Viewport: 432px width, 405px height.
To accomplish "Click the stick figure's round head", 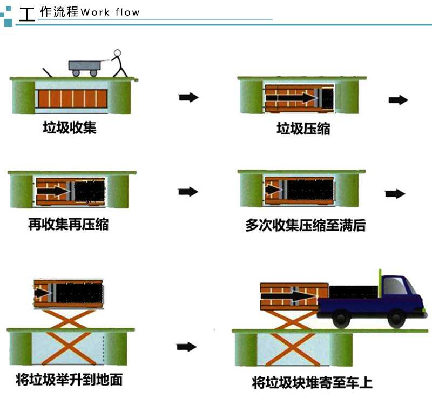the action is pyautogui.click(x=117, y=52).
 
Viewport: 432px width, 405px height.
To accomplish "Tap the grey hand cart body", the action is pyautogui.click(x=85, y=65).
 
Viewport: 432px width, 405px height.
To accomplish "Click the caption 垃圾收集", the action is pyautogui.click(x=70, y=127).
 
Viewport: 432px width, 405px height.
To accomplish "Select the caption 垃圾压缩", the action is pyautogui.click(x=303, y=129).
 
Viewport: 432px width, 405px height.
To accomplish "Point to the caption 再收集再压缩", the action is pyautogui.click(x=69, y=224).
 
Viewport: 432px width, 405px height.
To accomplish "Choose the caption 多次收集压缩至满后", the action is pyautogui.click(x=306, y=225).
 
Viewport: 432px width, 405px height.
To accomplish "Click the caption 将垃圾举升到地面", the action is pyautogui.click(x=69, y=380).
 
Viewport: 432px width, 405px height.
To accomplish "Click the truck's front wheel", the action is pyautogui.click(x=396, y=319).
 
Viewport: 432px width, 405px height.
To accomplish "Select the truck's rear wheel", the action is pyautogui.click(x=342, y=319).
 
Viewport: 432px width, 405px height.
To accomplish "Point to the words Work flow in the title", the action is pyautogui.click(x=110, y=12).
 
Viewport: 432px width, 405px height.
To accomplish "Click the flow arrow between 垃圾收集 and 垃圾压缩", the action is pyautogui.click(x=188, y=97).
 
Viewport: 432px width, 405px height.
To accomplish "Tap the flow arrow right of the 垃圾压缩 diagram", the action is pyautogui.click(x=398, y=100).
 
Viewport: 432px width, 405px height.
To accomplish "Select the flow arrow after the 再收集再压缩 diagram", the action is pyautogui.click(x=188, y=192).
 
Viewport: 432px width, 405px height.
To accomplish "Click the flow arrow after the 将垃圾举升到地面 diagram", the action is pyautogui.click(x=186, y=347).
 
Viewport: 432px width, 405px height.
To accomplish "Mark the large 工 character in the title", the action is pyautogui.click(x=26, y=15).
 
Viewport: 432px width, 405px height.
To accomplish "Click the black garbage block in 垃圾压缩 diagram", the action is pyautogui.click(x=328, y=98).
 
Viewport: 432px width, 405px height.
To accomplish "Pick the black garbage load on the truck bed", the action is pyautogui.click(x=354, y=292).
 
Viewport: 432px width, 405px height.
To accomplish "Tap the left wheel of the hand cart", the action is pyautogui.click(x=76, y=73).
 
